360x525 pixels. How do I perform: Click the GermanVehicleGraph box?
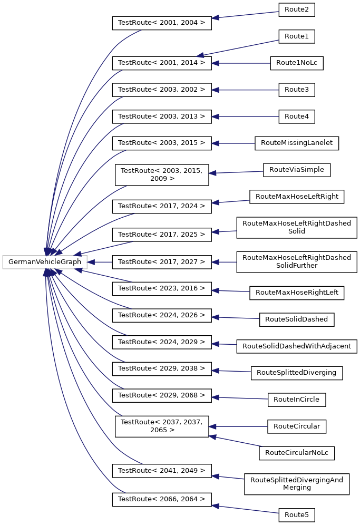[45, 262]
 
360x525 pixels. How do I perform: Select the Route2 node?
[296, 9]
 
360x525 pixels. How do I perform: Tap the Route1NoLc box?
[296, 63]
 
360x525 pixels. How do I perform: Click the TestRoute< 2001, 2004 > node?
[162, 23]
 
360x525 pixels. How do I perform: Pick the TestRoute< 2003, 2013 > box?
[162, 116]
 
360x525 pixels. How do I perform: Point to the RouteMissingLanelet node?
[296, 143]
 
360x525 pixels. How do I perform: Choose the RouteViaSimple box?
[297, 170]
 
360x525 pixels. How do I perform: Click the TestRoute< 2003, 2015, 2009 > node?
[162, 174]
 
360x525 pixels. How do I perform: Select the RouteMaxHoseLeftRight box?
[297, 197]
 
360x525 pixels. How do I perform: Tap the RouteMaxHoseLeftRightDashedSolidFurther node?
[297, 262]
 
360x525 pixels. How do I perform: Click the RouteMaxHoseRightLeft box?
[297, 292]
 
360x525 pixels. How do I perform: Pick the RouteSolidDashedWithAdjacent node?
[297, 346]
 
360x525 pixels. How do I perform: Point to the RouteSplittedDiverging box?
[297, 373]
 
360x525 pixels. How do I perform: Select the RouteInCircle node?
[297, 400]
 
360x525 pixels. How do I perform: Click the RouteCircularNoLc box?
[297, 453]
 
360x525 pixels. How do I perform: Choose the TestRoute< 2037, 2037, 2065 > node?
[162, 426]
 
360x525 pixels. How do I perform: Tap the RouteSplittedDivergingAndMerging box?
[297, 484]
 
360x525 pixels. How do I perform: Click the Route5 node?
[296, 514]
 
